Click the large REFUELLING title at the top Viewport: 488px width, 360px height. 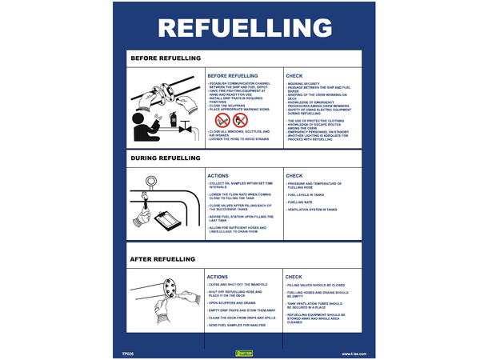click(x=244, y=27)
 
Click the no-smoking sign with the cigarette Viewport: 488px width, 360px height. click(x=222, y=120)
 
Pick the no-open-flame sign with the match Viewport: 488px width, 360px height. click(x=240, y=120)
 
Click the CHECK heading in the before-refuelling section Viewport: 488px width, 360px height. click(x=294, y=76)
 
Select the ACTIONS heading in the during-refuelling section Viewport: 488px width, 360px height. click(x=218, y=175)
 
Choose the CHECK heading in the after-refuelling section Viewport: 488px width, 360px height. click(x=294, y=277)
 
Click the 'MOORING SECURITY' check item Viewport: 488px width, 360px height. click(x=307, y=83)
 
